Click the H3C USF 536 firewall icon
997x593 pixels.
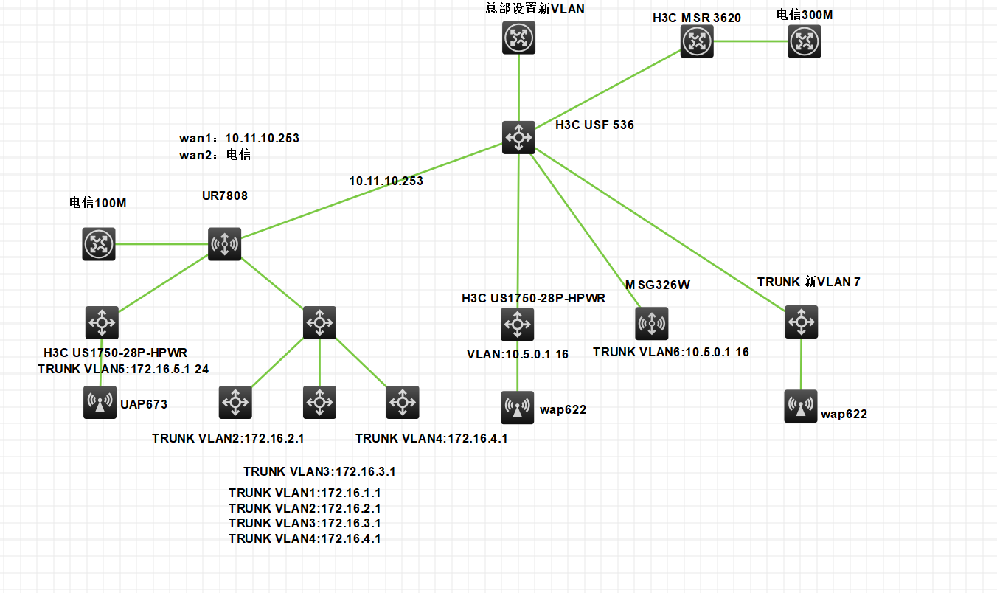point(518,136)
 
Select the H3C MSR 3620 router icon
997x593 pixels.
point(695,41)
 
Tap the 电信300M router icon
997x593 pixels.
point(804,41)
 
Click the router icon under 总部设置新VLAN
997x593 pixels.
point(518,38)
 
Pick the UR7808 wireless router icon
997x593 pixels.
point(224,243)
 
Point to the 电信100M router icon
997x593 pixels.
point(99,243)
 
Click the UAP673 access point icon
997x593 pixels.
point(100,403)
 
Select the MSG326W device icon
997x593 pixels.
point(652,323)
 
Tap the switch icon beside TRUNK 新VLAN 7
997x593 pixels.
point(801,322)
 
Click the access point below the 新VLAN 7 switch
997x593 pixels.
point(801,406)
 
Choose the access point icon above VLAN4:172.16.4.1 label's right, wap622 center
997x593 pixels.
point(518,407)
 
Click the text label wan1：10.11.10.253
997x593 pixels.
point(239,138)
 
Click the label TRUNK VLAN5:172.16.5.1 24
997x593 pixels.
point(123,369)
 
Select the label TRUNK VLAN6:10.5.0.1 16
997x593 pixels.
point(670,352)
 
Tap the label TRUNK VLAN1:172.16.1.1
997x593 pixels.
point(304,493)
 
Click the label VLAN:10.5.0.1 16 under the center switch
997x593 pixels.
point(517,354)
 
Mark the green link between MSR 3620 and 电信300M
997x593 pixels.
point(749,41)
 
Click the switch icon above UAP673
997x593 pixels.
point(101,322)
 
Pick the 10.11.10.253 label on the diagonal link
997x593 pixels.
point(386,181)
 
